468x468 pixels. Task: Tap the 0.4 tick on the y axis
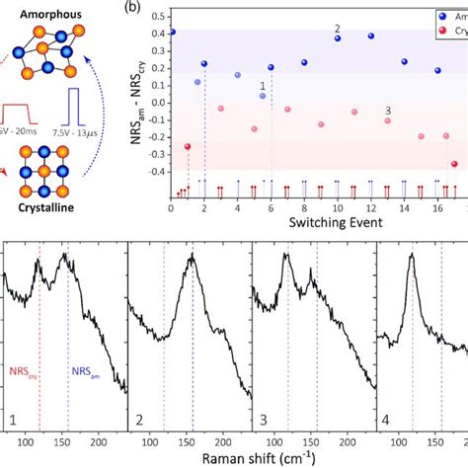156,33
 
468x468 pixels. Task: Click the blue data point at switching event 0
172,32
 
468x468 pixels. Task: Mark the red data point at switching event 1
188,146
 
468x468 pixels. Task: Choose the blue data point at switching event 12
371,36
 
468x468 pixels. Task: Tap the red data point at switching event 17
454,164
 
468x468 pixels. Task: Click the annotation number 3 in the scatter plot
387,111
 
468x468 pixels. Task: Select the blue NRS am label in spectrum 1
83,372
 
